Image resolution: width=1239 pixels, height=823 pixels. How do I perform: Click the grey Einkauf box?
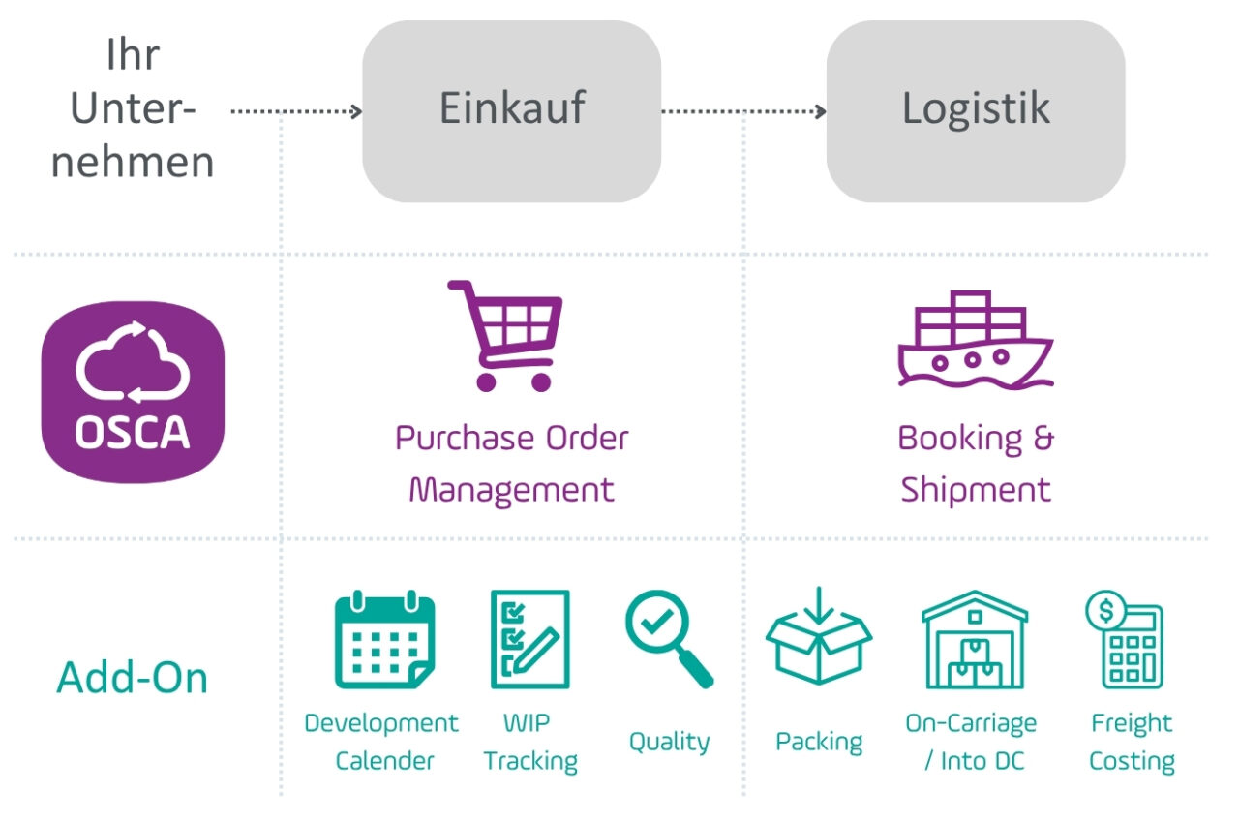[x=511, y=110]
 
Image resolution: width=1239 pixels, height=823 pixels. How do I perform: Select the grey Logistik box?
[x=975, y=110]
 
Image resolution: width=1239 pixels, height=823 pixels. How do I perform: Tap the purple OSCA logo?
[x=133, y=392]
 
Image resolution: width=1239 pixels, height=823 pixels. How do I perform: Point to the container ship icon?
[x=974, y=339]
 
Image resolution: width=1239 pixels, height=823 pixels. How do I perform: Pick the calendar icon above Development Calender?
[x=384, y=640]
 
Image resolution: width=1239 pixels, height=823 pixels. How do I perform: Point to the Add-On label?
[x=133, y=677]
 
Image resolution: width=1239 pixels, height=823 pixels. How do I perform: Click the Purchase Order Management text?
[x=511, y=463]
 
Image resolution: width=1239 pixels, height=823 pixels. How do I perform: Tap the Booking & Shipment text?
[x=975, y=463]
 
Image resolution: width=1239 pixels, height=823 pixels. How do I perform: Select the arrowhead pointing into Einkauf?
[x=356, y=111]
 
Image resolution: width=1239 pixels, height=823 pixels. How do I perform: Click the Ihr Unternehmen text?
[x=133, y=108]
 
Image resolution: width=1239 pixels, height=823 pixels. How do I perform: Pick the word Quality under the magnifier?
[x=669, y=742]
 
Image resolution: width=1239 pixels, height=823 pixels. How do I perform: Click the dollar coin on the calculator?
[x=1104, y=610]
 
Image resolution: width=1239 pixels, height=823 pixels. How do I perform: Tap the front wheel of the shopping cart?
[x=541, y=381]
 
